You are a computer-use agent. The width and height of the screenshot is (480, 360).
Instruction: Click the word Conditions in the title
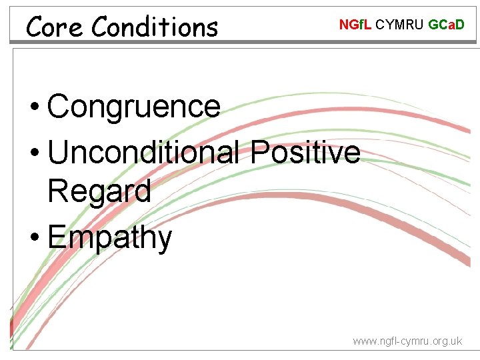pos(155,27)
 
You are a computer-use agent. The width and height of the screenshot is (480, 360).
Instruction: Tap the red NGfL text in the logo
pos(355,25)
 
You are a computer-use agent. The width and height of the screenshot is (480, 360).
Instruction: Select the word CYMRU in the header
pos(400,25)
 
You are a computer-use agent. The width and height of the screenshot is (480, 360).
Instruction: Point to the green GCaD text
pos(446,25)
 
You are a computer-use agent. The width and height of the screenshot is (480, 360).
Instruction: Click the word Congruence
pos(134,107)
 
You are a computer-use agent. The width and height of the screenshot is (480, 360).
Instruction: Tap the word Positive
pos(305,152)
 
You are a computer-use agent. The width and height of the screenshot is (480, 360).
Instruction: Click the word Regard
pos(99,191)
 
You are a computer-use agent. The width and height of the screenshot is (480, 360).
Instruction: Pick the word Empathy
pos(110,238)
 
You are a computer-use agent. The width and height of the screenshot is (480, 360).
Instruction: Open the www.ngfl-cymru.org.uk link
pos(407,341)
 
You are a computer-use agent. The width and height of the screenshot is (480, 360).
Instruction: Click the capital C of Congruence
pos(60,107)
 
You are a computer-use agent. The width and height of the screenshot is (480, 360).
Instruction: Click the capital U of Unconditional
pos(61,152)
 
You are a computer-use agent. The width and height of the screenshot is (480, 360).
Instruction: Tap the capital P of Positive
pos(260,152)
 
